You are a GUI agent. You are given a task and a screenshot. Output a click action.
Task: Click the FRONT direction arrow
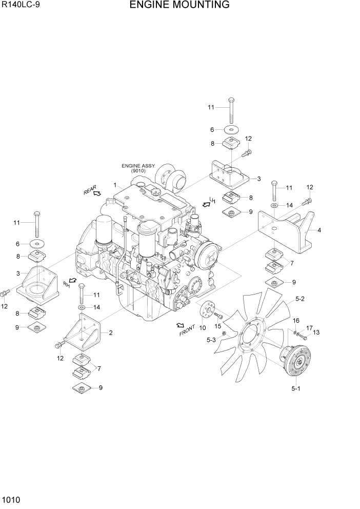click(x=180, y=325)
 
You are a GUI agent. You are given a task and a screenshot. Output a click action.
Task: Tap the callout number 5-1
click(x=295, y=388)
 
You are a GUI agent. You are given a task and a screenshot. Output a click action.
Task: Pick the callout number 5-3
click(x=211, y=339)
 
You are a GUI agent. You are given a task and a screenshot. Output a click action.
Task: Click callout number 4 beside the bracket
click(x=319, y=230)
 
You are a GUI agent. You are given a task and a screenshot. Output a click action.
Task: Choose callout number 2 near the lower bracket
click(x=111, y=333)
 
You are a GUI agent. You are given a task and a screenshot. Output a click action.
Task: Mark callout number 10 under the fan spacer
click(x=203, y=328)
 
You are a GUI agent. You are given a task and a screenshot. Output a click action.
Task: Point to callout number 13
click(x=316, y=332)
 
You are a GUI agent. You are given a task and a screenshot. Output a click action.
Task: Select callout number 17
click(x=309, y=328)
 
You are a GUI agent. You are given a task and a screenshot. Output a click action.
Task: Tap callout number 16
click(x=296, y=321)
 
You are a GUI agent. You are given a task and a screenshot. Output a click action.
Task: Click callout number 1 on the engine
click(x=115, y=185)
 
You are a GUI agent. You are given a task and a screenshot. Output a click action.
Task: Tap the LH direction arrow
click(x=206, y=204)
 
